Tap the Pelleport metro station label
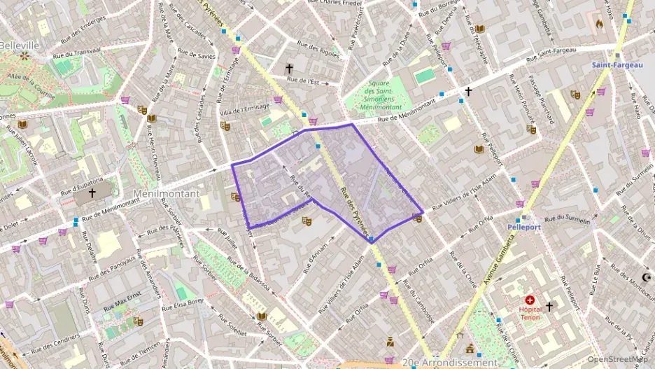tap(523, 227)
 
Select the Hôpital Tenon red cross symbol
tap(529, 299)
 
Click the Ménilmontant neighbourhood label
tap(166, 193)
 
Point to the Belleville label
tap(19, 45)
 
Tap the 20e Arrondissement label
tap(450, 363)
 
